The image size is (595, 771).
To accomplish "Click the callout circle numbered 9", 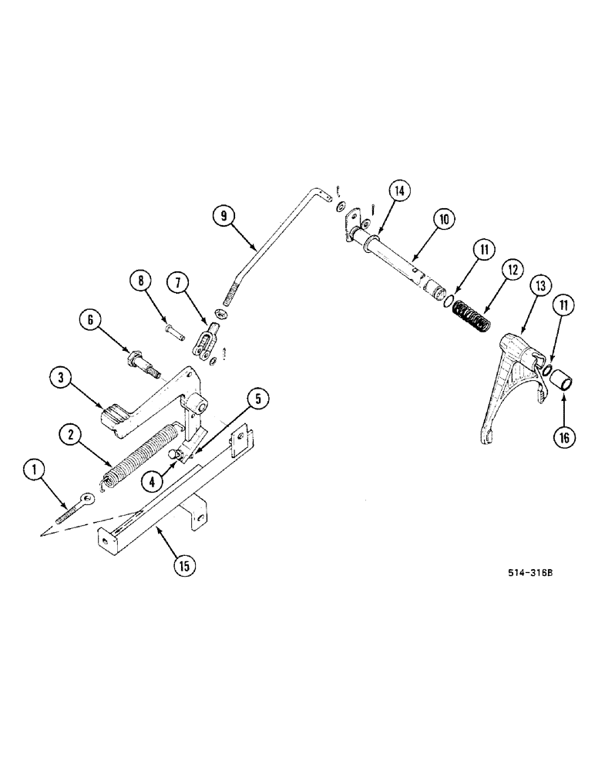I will [224, 217].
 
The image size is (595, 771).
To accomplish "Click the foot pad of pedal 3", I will [118, 417].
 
